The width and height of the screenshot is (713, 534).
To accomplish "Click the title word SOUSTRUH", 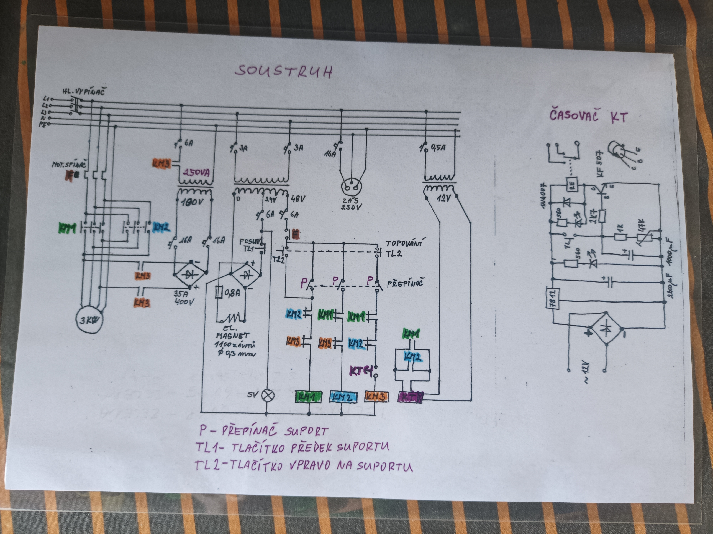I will [283, 72].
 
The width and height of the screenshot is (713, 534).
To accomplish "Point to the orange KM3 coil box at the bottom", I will [376, 396].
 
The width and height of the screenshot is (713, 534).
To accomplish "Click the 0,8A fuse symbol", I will [219, 293].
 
